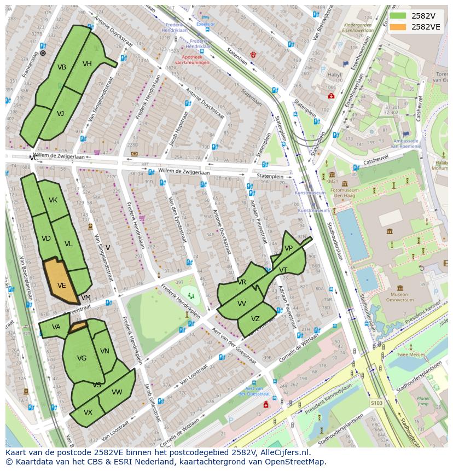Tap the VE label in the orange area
pos(62,286)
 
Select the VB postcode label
pos(62,67)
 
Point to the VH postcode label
pos(87,64)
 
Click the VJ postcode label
pos(60,114)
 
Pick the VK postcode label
pos(53,200)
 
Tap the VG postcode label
pos(82,358)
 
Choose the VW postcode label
pos(117,392)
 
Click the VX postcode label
pos(88,412)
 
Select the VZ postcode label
pos(255,319)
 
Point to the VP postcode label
pos(289,248)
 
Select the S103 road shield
pos(376,403)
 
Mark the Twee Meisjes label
pos(411,355)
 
